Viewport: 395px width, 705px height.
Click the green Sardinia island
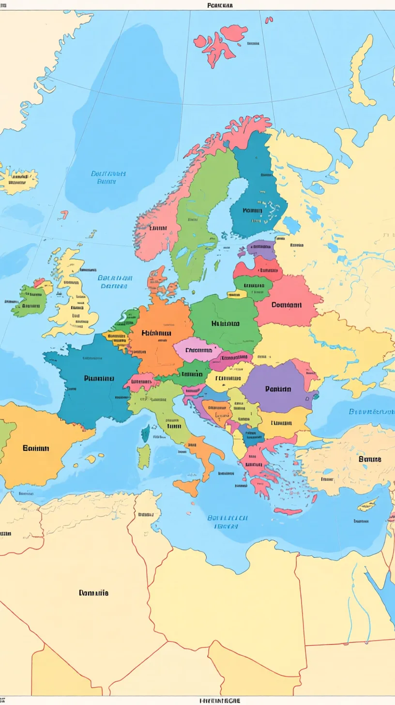[144, 456]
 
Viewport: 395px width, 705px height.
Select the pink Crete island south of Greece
[288, 511]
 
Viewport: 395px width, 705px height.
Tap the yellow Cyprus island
[367, 505]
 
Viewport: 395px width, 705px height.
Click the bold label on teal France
[99, 378]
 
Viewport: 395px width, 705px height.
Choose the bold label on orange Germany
[156, 333]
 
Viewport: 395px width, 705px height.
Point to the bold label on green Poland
[225, 323]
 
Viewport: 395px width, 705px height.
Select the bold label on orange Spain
[36, 448]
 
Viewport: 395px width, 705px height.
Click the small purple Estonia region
[261, 249]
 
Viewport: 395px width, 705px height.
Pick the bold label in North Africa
[93, 593]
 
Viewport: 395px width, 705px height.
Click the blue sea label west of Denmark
[115, 282]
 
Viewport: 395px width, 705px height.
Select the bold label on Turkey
[369, 459]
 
